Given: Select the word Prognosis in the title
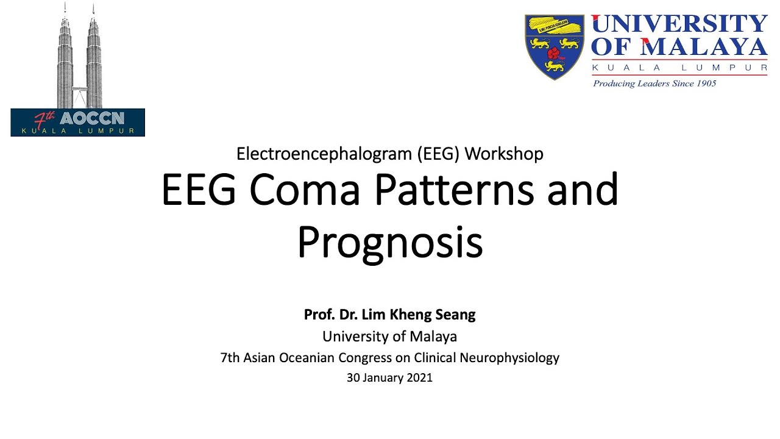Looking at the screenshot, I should [390, 243].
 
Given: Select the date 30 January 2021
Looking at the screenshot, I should [390, 377].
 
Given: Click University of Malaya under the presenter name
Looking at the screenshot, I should [390, 336].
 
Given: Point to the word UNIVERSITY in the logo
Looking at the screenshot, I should [679, 24].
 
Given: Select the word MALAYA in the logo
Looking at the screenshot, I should [704, 47].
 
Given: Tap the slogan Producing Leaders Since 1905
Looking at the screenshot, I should [654, 84].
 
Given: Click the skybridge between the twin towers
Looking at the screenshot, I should [79, 88].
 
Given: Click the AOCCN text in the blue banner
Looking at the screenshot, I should [92, 118].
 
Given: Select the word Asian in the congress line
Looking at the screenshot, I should [260, 358].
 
